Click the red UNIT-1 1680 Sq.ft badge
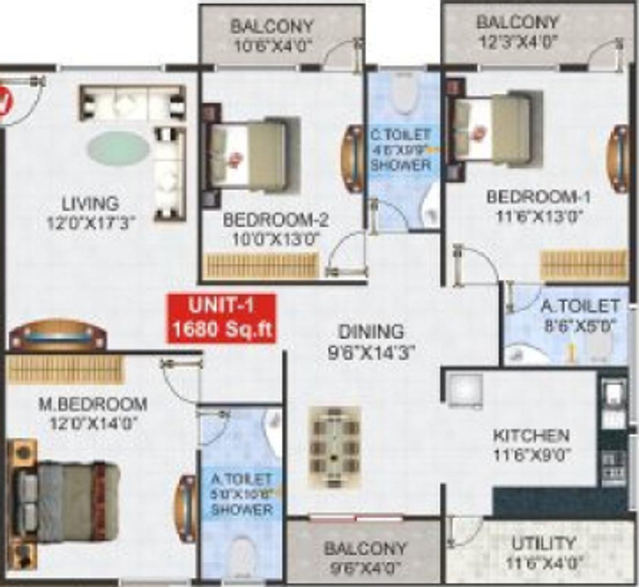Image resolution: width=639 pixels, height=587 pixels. coord(221,318)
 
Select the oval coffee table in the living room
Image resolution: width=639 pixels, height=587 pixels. coord(118,148)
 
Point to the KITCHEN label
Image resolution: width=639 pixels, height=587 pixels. coord(530,436)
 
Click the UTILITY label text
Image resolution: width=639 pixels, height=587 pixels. coord(543,543)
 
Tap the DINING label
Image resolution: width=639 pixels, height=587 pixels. coord(371,331)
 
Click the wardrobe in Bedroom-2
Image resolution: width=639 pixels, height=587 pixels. coord(262,266)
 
